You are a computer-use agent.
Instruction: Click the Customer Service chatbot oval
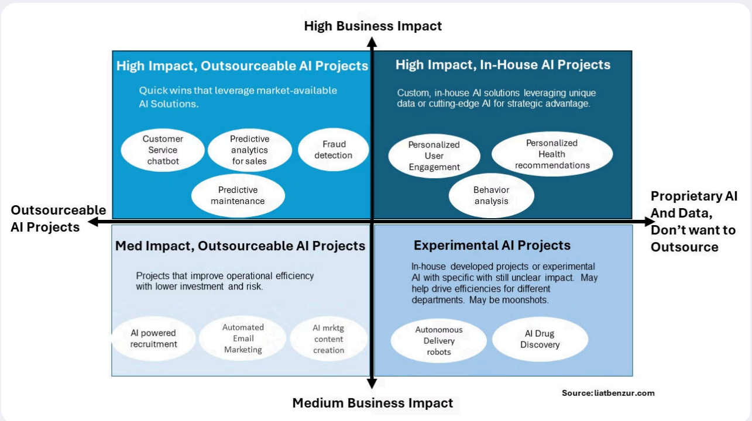tap(163, 150)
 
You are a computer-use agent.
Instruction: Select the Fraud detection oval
tap(334, 150)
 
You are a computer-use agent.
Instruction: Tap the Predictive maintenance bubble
tap(238, 195)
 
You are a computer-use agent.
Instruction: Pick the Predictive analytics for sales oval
tap(250, 150)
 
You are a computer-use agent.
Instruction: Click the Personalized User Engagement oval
tap(434, 156)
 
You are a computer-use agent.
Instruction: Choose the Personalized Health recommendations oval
tap(552, 154)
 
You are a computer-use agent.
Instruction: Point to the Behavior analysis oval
tap(492, 195)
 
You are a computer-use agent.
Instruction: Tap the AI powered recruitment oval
tap(154, 339)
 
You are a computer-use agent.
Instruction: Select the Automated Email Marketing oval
tap(243, 338)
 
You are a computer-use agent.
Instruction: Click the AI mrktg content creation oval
tap(329, 339)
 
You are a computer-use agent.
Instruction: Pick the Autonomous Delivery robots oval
tap(439, 340)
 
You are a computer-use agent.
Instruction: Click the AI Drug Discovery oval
tap(540, 339)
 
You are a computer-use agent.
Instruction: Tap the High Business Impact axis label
tap(373, 26)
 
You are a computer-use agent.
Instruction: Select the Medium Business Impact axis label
tap(373, 403)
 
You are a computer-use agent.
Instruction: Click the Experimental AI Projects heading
tap(492, 245)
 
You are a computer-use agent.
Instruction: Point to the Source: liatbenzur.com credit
tap(608, 393)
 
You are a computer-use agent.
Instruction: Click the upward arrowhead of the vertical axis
tap(372, 42)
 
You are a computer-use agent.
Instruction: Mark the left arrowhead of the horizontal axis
tap(93, 222)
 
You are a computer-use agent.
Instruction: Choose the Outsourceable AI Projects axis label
tap(59, 218)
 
